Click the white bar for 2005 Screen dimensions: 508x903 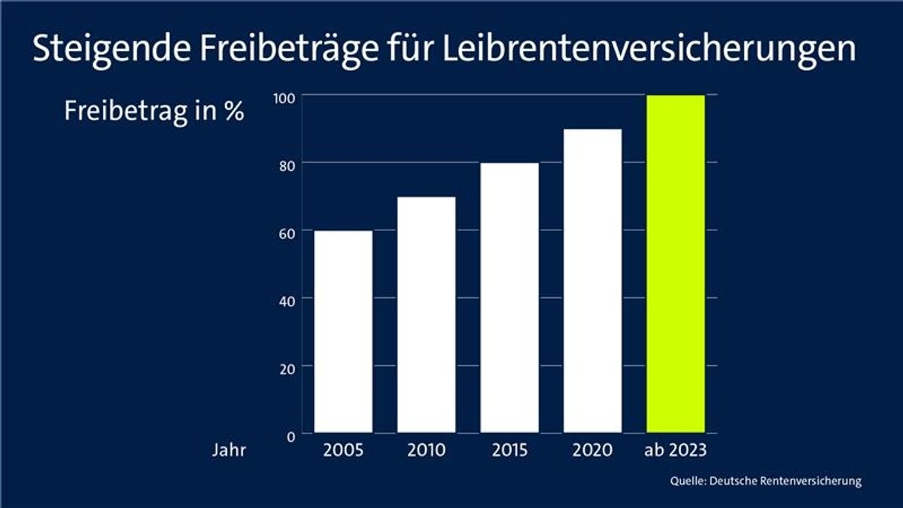pyautogui.click(x=343, y=331)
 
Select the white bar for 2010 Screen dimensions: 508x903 pyautogui.click(x=426, y=315)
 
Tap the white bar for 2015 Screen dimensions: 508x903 pyautogui.click(x=509, y=297)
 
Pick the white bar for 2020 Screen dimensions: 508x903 pyautogui.click(x=592, y=281)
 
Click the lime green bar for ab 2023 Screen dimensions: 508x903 pyautogui.click(x=676, y=263)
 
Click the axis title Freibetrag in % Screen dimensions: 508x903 pyautogui.click(x=154, y=111)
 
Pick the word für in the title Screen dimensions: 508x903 pyautogui.click(x=404, y=49)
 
